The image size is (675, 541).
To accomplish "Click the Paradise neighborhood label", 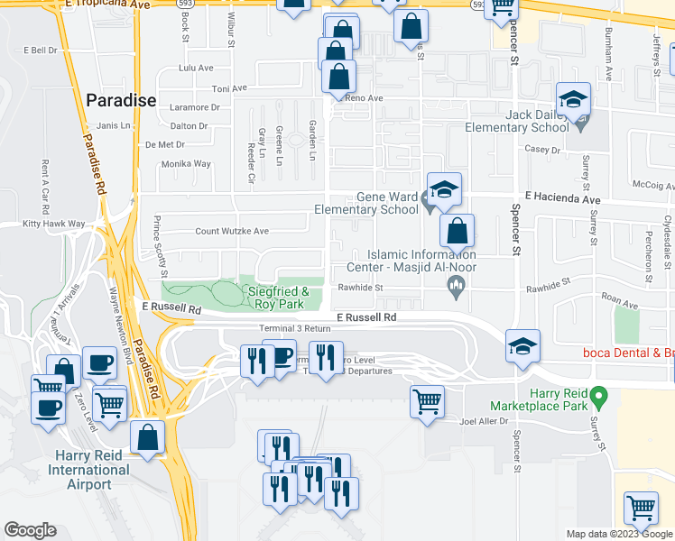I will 121,101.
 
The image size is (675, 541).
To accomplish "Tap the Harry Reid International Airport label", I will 88,470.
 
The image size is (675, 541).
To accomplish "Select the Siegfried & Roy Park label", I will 279,298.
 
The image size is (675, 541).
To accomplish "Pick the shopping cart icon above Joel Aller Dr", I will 428,399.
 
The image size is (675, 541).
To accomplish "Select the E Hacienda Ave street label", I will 562,197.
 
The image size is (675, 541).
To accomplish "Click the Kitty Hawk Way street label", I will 54,224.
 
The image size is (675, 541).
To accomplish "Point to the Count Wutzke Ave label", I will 232,231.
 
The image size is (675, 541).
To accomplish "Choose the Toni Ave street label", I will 228,88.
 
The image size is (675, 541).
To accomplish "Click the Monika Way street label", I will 185,164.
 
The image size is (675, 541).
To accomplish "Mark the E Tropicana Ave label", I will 106,5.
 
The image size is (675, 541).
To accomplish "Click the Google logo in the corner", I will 30,531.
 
